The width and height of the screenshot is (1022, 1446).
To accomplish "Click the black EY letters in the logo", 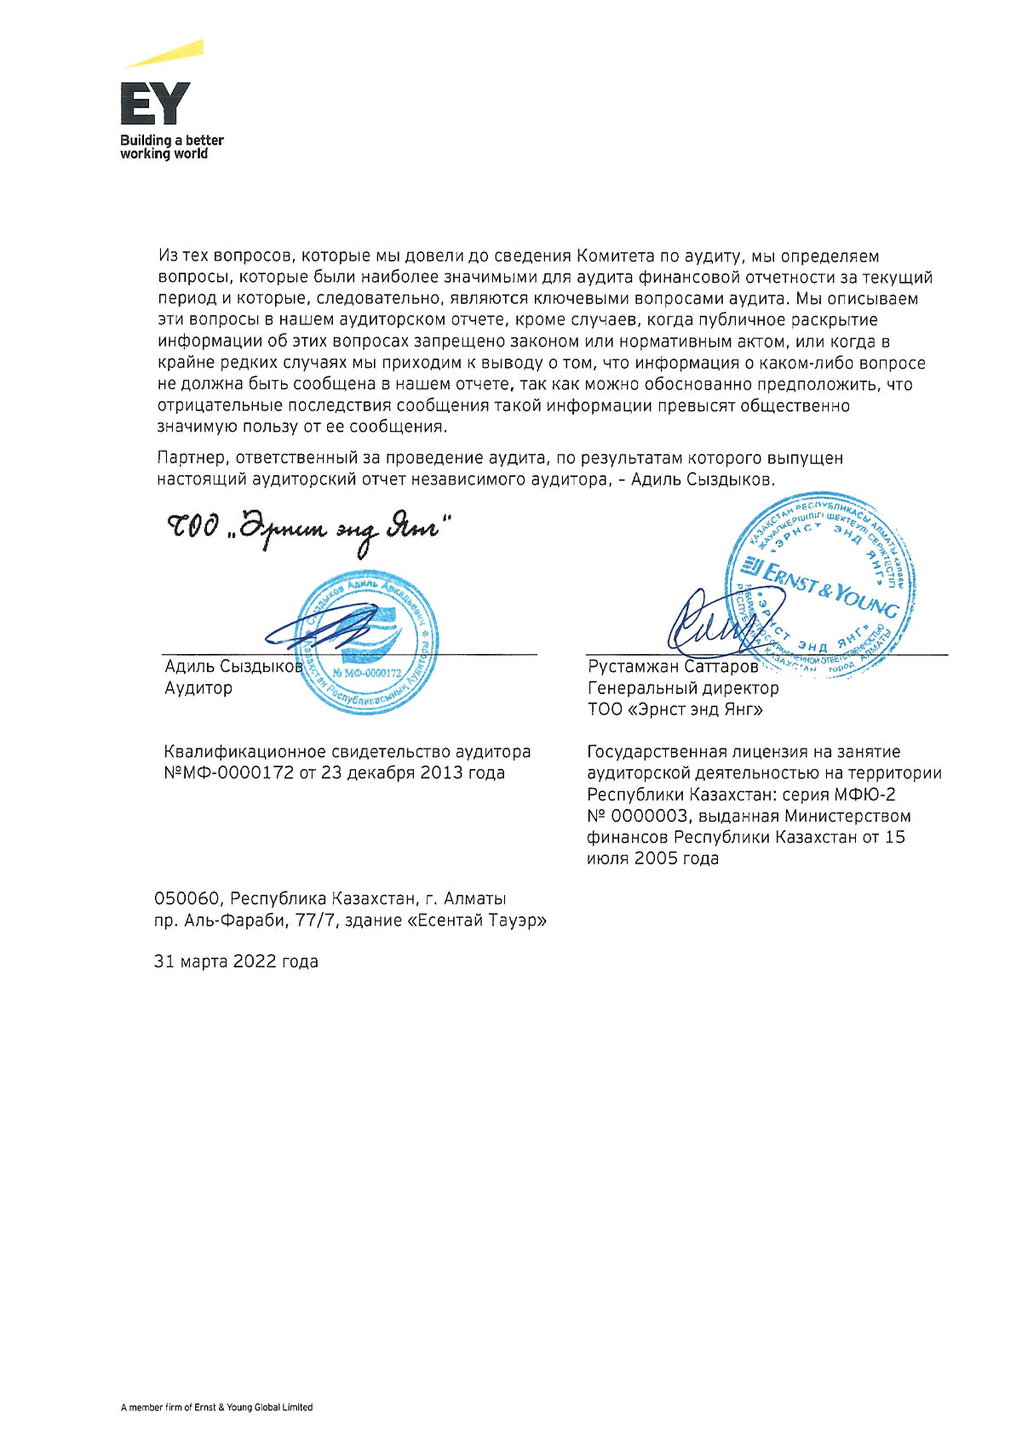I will (x=154, y=104).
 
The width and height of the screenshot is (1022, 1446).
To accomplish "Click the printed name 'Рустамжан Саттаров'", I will (x=673, y=667).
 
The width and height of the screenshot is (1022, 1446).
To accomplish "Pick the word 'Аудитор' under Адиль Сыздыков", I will (x=198, y=688).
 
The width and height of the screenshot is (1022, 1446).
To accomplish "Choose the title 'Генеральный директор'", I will (x=683, y=688).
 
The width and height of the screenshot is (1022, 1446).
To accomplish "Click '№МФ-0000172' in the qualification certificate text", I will (x=228, y=773).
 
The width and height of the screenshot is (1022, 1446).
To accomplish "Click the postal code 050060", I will (x=188, y=898).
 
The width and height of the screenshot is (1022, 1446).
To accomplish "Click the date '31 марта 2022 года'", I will (x=236, y=961).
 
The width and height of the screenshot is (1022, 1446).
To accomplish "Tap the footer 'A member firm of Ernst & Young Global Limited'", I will (x=216, y=1407).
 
